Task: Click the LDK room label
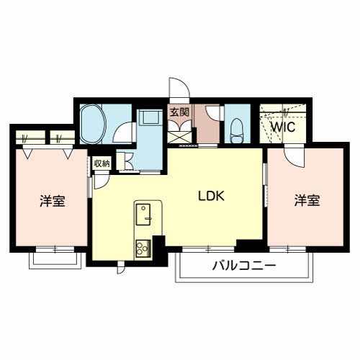(211, 196)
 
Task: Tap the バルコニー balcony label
(244, 266)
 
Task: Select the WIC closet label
(283, 127)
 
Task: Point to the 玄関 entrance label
(179, 112)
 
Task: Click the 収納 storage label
(102, 163)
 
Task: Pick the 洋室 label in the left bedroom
(53, 201)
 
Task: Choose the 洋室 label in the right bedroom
(307, 200)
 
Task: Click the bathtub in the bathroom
(93, 124)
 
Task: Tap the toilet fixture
(237, 131)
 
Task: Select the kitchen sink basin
(143, 215)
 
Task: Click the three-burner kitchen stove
(143, 248)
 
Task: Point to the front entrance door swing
(179, 88)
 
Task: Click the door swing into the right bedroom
(294, 156)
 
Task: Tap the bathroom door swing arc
(122, 132)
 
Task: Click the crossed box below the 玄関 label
(179, 138)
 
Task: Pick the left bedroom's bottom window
(55, 249)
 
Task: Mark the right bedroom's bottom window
(288, 249)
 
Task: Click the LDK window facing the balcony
(208, 249)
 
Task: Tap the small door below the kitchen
(121, 267)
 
